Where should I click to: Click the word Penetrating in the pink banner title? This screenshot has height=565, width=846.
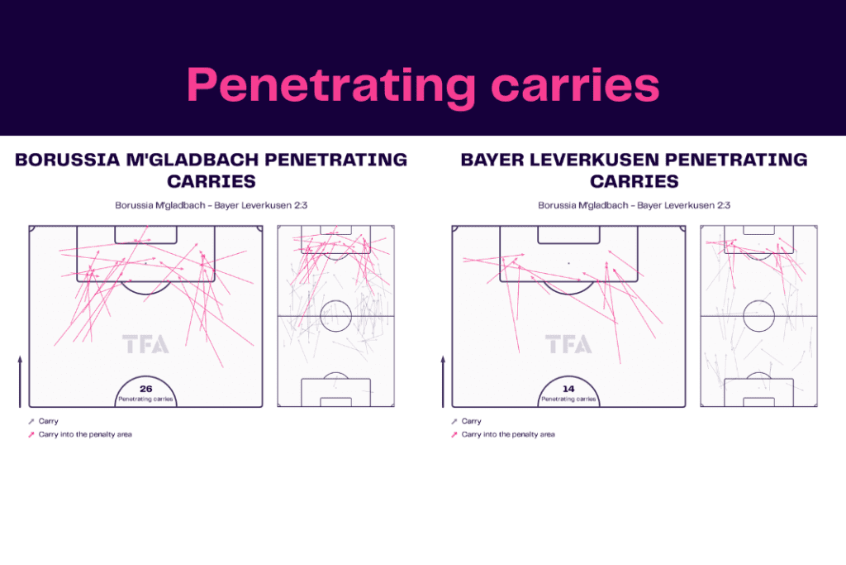coord(330,86)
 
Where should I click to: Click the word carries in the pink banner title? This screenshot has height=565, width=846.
coord(575,85)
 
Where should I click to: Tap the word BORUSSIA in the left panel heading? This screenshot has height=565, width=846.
coord(68,160)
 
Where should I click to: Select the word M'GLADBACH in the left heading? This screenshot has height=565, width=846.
coord(192,160)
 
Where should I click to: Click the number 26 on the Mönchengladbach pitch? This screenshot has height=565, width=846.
coord(145,389)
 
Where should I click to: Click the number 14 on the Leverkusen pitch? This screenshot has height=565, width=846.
coord(568,389)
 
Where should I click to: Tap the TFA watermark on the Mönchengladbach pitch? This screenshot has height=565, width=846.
coord(145,344)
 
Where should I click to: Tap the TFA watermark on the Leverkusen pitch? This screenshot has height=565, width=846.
coord(568,344)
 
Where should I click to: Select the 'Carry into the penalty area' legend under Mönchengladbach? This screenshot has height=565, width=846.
coord(80,434)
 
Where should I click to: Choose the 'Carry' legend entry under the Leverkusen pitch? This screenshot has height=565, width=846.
coord(466,421)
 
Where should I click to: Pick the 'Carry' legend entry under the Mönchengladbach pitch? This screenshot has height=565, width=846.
coord(43,421)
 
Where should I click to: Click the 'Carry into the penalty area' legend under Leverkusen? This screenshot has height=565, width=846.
coord(503,434)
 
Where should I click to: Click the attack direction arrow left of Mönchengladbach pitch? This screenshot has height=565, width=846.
coord(20,381)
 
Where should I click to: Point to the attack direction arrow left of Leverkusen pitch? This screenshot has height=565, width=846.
coord(443,381)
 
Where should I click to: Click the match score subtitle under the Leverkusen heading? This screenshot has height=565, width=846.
coord(634,205)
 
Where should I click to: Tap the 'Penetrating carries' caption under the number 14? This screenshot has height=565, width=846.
coord(568,400)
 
